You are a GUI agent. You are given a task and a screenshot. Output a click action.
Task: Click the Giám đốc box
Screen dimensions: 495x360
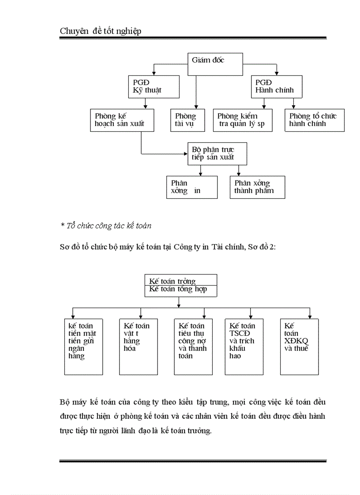(x=215, y=65)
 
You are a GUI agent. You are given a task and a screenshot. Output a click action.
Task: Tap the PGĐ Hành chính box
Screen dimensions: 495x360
(x=277, y=86)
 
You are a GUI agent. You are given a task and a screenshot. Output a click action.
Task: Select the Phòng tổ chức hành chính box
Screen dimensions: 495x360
(x=315, y=120)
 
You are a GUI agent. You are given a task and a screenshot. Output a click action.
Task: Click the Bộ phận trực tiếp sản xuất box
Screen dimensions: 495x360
(x=217, y=153)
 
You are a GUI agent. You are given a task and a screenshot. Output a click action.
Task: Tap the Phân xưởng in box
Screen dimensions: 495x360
(x=192, y=187)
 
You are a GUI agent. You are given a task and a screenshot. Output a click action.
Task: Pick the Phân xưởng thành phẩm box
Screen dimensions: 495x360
(x=257, y=187)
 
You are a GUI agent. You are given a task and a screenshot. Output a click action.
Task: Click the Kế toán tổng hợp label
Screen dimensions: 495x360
(x=178, y=290)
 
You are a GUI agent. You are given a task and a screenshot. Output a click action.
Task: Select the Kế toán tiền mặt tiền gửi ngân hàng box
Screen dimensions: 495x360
(x=84, y=346)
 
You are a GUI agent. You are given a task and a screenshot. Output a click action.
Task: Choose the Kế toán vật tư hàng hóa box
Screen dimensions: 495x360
(x=139, y=346)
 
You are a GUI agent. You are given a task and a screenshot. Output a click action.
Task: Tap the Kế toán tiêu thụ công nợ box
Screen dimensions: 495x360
(x=193, y=346)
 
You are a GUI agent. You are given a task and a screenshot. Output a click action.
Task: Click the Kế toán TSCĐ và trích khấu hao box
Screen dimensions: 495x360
(x=244, y=346)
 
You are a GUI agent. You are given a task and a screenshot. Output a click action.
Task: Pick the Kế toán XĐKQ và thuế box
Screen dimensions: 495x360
(x=299, y=346)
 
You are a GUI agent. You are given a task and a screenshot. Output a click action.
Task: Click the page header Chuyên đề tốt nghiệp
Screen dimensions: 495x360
(x=101, y=31)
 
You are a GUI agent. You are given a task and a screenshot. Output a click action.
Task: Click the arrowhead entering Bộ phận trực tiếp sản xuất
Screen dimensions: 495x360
(x=185, y=154)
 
